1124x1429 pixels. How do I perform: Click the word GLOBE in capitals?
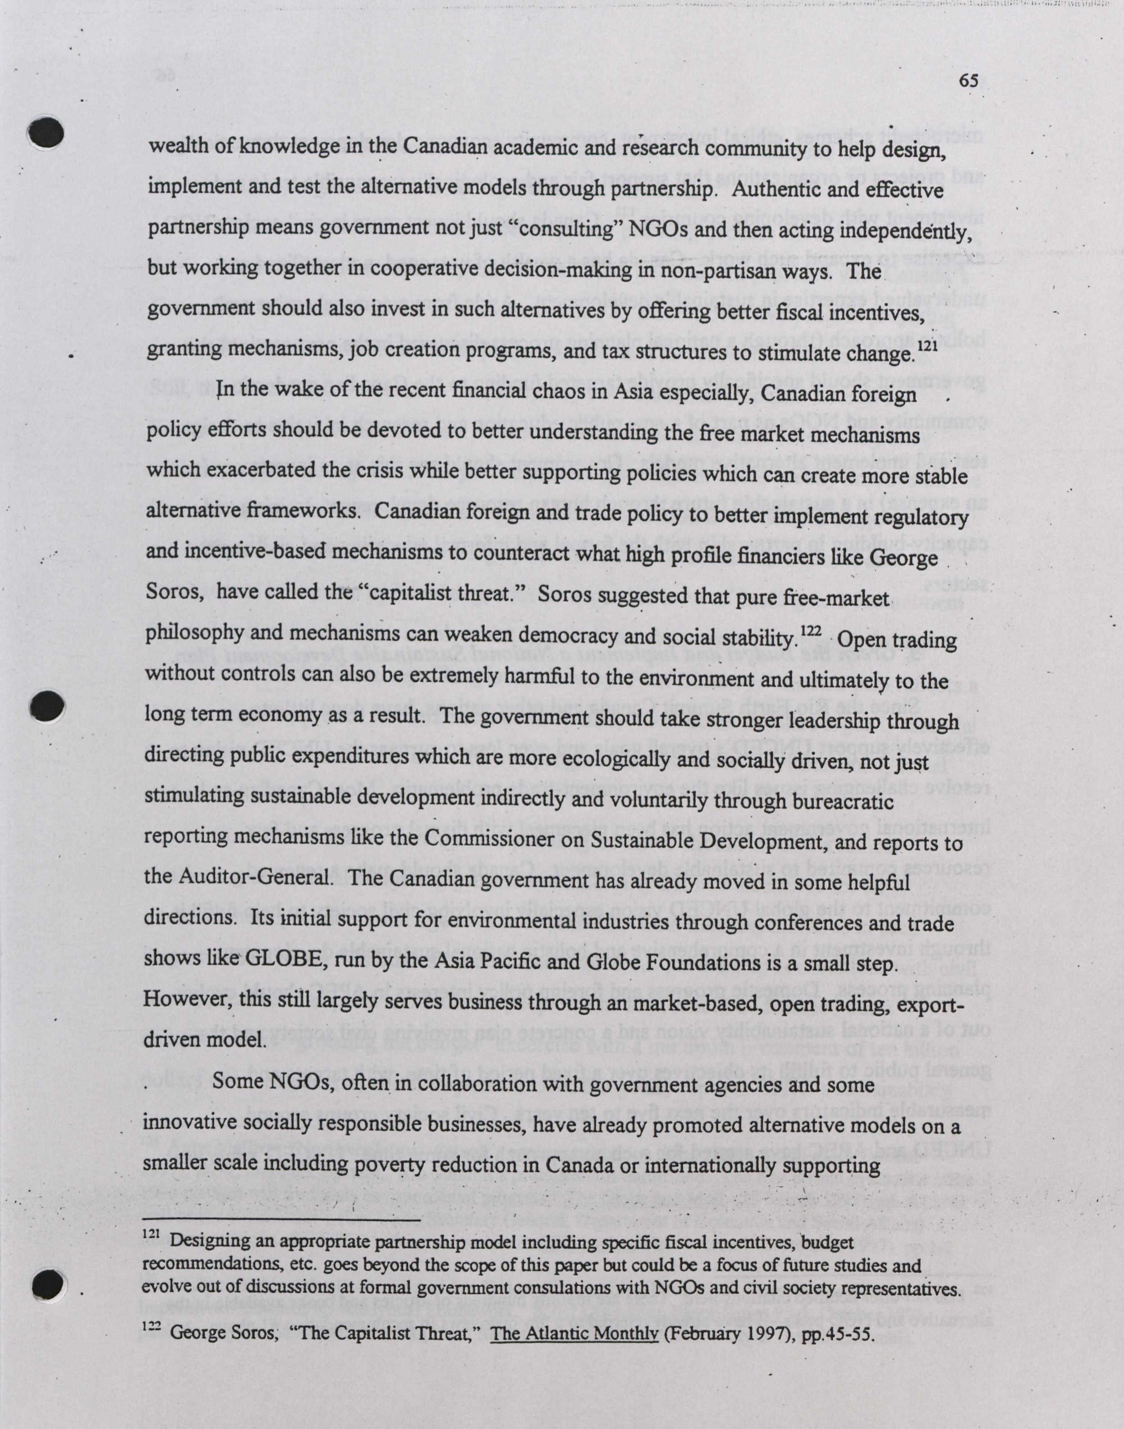287,960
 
